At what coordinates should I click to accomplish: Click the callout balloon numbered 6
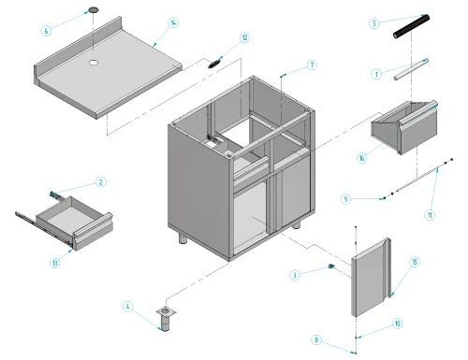(46, 30)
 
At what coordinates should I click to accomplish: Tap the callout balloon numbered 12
(244, 38)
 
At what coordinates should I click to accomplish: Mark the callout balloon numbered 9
(345, 198)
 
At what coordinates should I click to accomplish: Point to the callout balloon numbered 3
(295, 275)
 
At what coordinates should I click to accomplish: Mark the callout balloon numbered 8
(317, 340)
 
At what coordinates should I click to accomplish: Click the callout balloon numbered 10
(397, 324)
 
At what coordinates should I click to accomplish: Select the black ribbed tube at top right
(412, 27)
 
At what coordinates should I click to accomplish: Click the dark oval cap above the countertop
(94, 9)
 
